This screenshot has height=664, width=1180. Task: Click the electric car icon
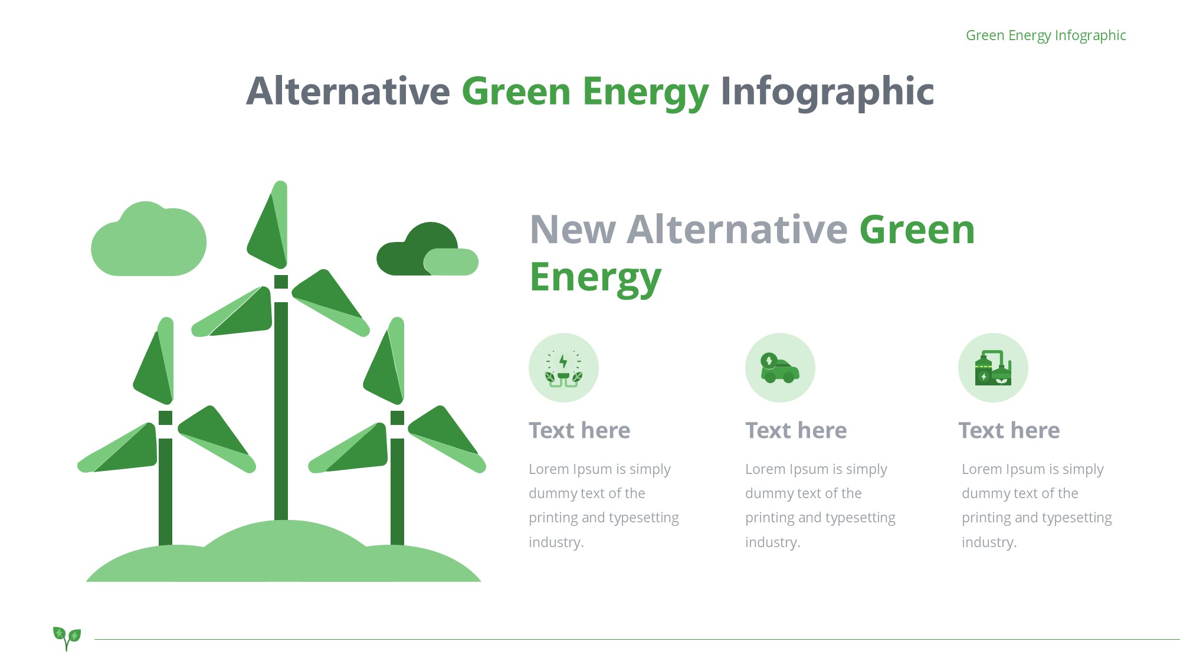click(x=780, y=368)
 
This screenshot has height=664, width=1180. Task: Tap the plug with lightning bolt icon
click(x=563, y=368)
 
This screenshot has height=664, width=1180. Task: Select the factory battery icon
click(x=993, y=368)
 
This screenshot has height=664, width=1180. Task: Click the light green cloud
click(x=149, y=239)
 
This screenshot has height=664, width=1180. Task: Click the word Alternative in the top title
click(x=348, y=91)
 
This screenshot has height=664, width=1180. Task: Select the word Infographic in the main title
click(x=827, y=92)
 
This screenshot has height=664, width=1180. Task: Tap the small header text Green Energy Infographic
click(x=1045, y=35)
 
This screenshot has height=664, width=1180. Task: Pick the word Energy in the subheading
click(x=595, y=277)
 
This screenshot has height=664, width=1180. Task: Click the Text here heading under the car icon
click(x=796, y=430)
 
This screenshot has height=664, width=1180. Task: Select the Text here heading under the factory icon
click(x=1009, y=430)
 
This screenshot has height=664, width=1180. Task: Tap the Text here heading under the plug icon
click(x=579, y=430)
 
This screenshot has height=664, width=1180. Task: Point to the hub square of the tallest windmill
click(x=281, y=282)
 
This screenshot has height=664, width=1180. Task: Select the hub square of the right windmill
click(x=398, y=418)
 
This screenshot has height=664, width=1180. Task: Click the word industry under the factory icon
click(x=989, y=542)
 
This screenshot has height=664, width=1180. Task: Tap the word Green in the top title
click(x=516, y=91)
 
